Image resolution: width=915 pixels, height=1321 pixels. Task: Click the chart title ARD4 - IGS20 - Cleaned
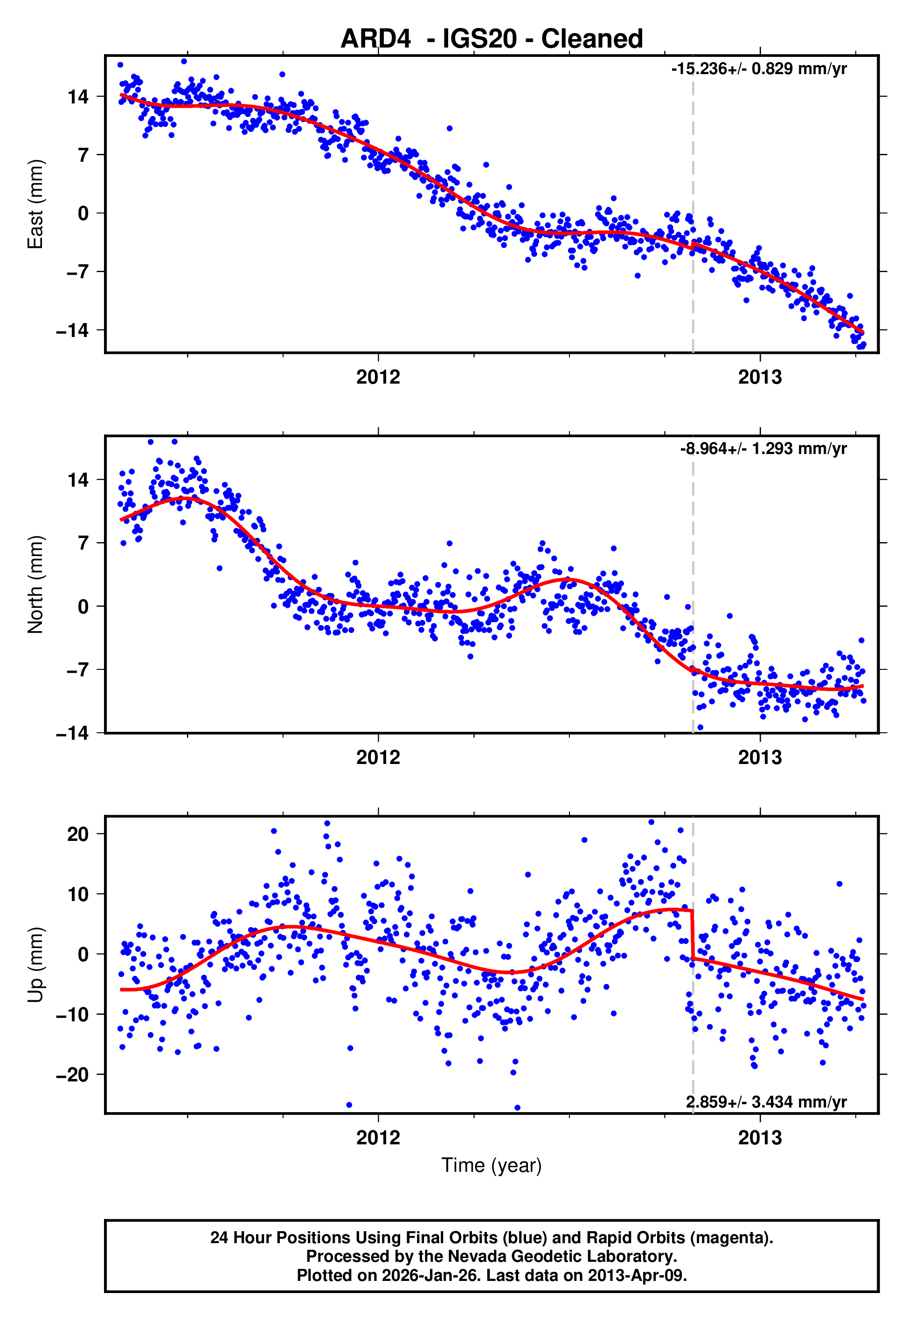coord(492,39)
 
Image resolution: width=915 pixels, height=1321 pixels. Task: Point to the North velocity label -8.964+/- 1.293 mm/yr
coord(763,448)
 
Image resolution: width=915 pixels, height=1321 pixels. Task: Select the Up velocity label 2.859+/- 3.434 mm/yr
coord(766,1101)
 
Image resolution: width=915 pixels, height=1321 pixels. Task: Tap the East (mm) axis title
coord(35,204)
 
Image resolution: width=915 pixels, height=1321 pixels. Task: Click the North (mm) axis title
coord(35,585)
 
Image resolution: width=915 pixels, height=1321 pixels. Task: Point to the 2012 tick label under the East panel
coord(378,377)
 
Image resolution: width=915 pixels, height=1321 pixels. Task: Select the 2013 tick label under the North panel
coord(760,757)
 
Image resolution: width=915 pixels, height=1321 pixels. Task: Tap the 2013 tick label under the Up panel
coord(760,1137)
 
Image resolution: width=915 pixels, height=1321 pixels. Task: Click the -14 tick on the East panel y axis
coord(72,330)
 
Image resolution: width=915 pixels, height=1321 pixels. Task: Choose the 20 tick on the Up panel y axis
coord(78,834)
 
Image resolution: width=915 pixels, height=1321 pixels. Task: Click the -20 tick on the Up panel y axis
coord(72,1075)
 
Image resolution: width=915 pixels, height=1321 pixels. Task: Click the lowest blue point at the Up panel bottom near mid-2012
coord(517,1108)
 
